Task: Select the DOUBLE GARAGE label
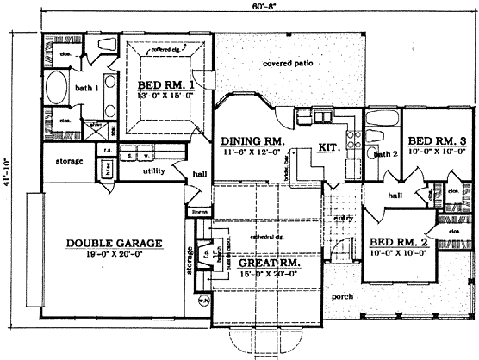109,244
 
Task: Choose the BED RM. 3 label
432,140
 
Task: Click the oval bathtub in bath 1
58,89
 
